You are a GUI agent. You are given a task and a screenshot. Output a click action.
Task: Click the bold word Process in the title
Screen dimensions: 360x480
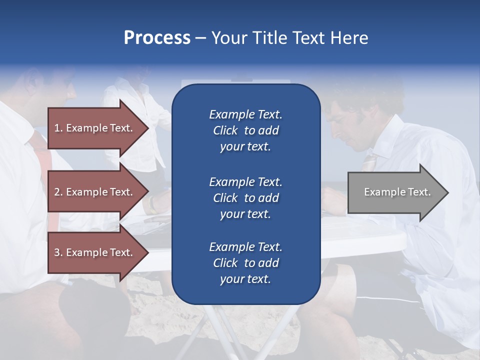[x=157, y=38]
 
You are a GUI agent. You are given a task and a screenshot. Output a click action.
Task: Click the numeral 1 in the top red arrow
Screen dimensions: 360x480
[x=57, y=128]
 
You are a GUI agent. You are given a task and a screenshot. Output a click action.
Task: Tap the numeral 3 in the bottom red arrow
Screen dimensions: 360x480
[x=57, y=252]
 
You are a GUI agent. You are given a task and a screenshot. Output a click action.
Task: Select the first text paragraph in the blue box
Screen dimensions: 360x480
[x=245, y=130]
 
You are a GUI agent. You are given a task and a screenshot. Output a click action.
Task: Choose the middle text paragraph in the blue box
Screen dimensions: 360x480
[x=245, y=197]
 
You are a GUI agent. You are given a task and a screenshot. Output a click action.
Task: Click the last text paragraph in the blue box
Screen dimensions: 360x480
[x=245, y=263]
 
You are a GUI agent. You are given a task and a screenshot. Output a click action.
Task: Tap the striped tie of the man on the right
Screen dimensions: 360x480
[x=370, y=161]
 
